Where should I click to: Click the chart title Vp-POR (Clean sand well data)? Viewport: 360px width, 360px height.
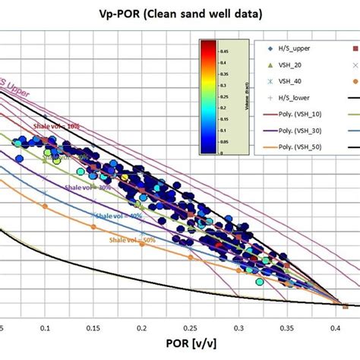pos(179,13)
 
